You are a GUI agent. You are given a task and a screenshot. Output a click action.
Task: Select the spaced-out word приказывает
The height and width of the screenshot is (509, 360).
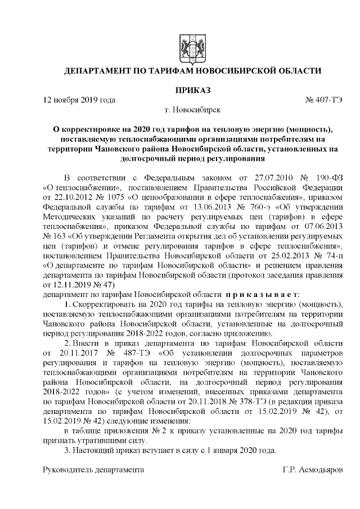[262, 293]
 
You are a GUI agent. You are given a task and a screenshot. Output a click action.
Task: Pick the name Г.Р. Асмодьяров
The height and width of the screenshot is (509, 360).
[312, 468]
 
